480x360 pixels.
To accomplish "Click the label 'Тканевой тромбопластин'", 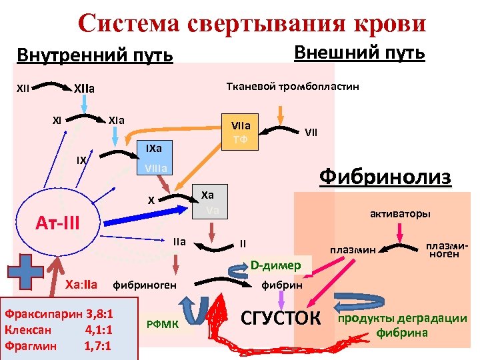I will pyautogui.click(x=293, y=87).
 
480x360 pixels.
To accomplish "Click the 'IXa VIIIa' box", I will pyautogui.click(x=154, y=157).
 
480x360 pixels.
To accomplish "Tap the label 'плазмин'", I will pyautogui.click(x=353, y=250).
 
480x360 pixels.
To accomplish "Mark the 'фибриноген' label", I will pyautogui.click(x=145, y=285).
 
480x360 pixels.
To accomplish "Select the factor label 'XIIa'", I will pyautogui.click(x=84, y=88).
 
